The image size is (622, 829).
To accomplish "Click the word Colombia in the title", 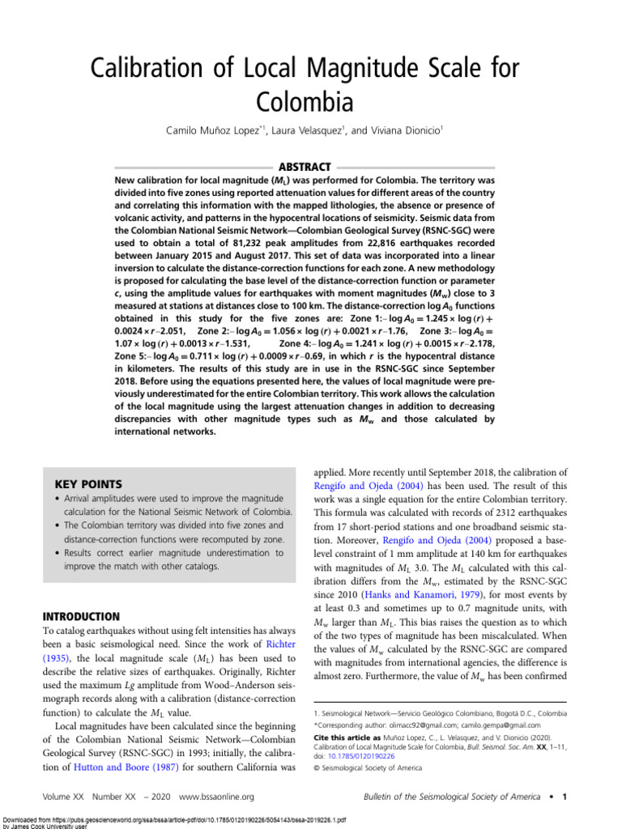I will point(305,103).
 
